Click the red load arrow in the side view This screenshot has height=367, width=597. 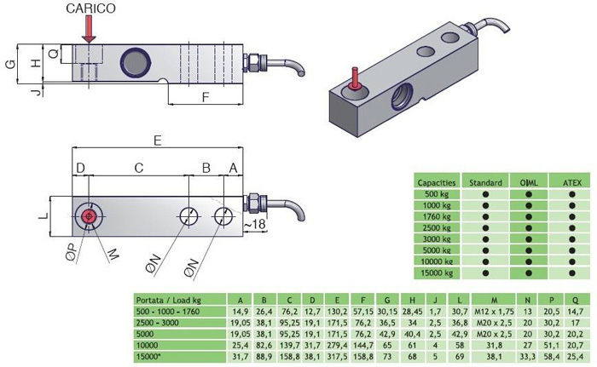point(90,29)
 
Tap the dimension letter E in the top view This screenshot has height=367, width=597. point(158,138)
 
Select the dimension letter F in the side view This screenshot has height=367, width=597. point(206,97)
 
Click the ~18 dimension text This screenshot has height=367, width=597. point(256,224)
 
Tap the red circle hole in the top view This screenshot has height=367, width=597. point(89,216)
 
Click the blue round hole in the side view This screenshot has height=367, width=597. point(134,60)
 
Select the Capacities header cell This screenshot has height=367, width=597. point(436,182)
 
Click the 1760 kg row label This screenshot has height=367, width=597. point(436,217)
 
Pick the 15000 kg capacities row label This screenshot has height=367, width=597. point(436,273)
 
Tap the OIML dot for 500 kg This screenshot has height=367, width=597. point(528,194)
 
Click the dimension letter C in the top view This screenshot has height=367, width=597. point(137,168)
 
